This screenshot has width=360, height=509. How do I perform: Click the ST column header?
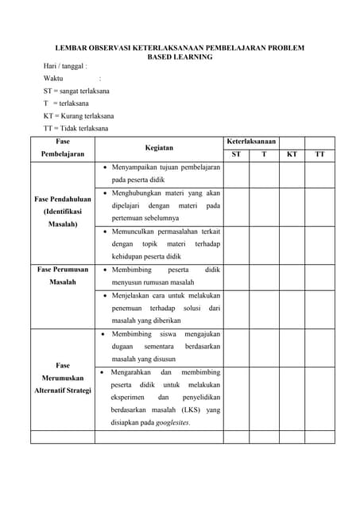click(x=236, y=154)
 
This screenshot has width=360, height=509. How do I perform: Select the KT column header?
click(x=292, y=154)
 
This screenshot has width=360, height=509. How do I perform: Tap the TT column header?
click(x=319, y=154)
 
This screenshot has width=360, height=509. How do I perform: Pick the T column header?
click(x=264, y=154)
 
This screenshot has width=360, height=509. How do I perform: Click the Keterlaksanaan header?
click(x=251, y=141)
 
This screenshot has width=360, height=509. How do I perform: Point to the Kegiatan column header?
click(x=159, y=148)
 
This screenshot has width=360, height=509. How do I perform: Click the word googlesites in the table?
click(x=172, y=422)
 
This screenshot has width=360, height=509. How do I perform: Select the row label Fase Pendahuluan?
click(x=63, y=199)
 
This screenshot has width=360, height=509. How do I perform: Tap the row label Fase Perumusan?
click(x=63, y=270)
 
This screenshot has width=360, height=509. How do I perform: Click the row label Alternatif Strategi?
click(x=63, y=390)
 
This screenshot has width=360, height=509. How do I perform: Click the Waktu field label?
click(x=53, y=78)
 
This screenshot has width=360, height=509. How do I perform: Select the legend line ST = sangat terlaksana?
click(x=76, y=91)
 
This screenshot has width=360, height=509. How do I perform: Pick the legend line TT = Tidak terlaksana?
click(x=76, y=128)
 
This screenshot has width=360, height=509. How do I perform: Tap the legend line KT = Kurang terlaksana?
click(x=79, y=115)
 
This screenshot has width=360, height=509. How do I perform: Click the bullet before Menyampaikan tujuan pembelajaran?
click(x=106, y=169)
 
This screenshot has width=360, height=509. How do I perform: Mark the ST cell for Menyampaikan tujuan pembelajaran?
click(x=236, y=175)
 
